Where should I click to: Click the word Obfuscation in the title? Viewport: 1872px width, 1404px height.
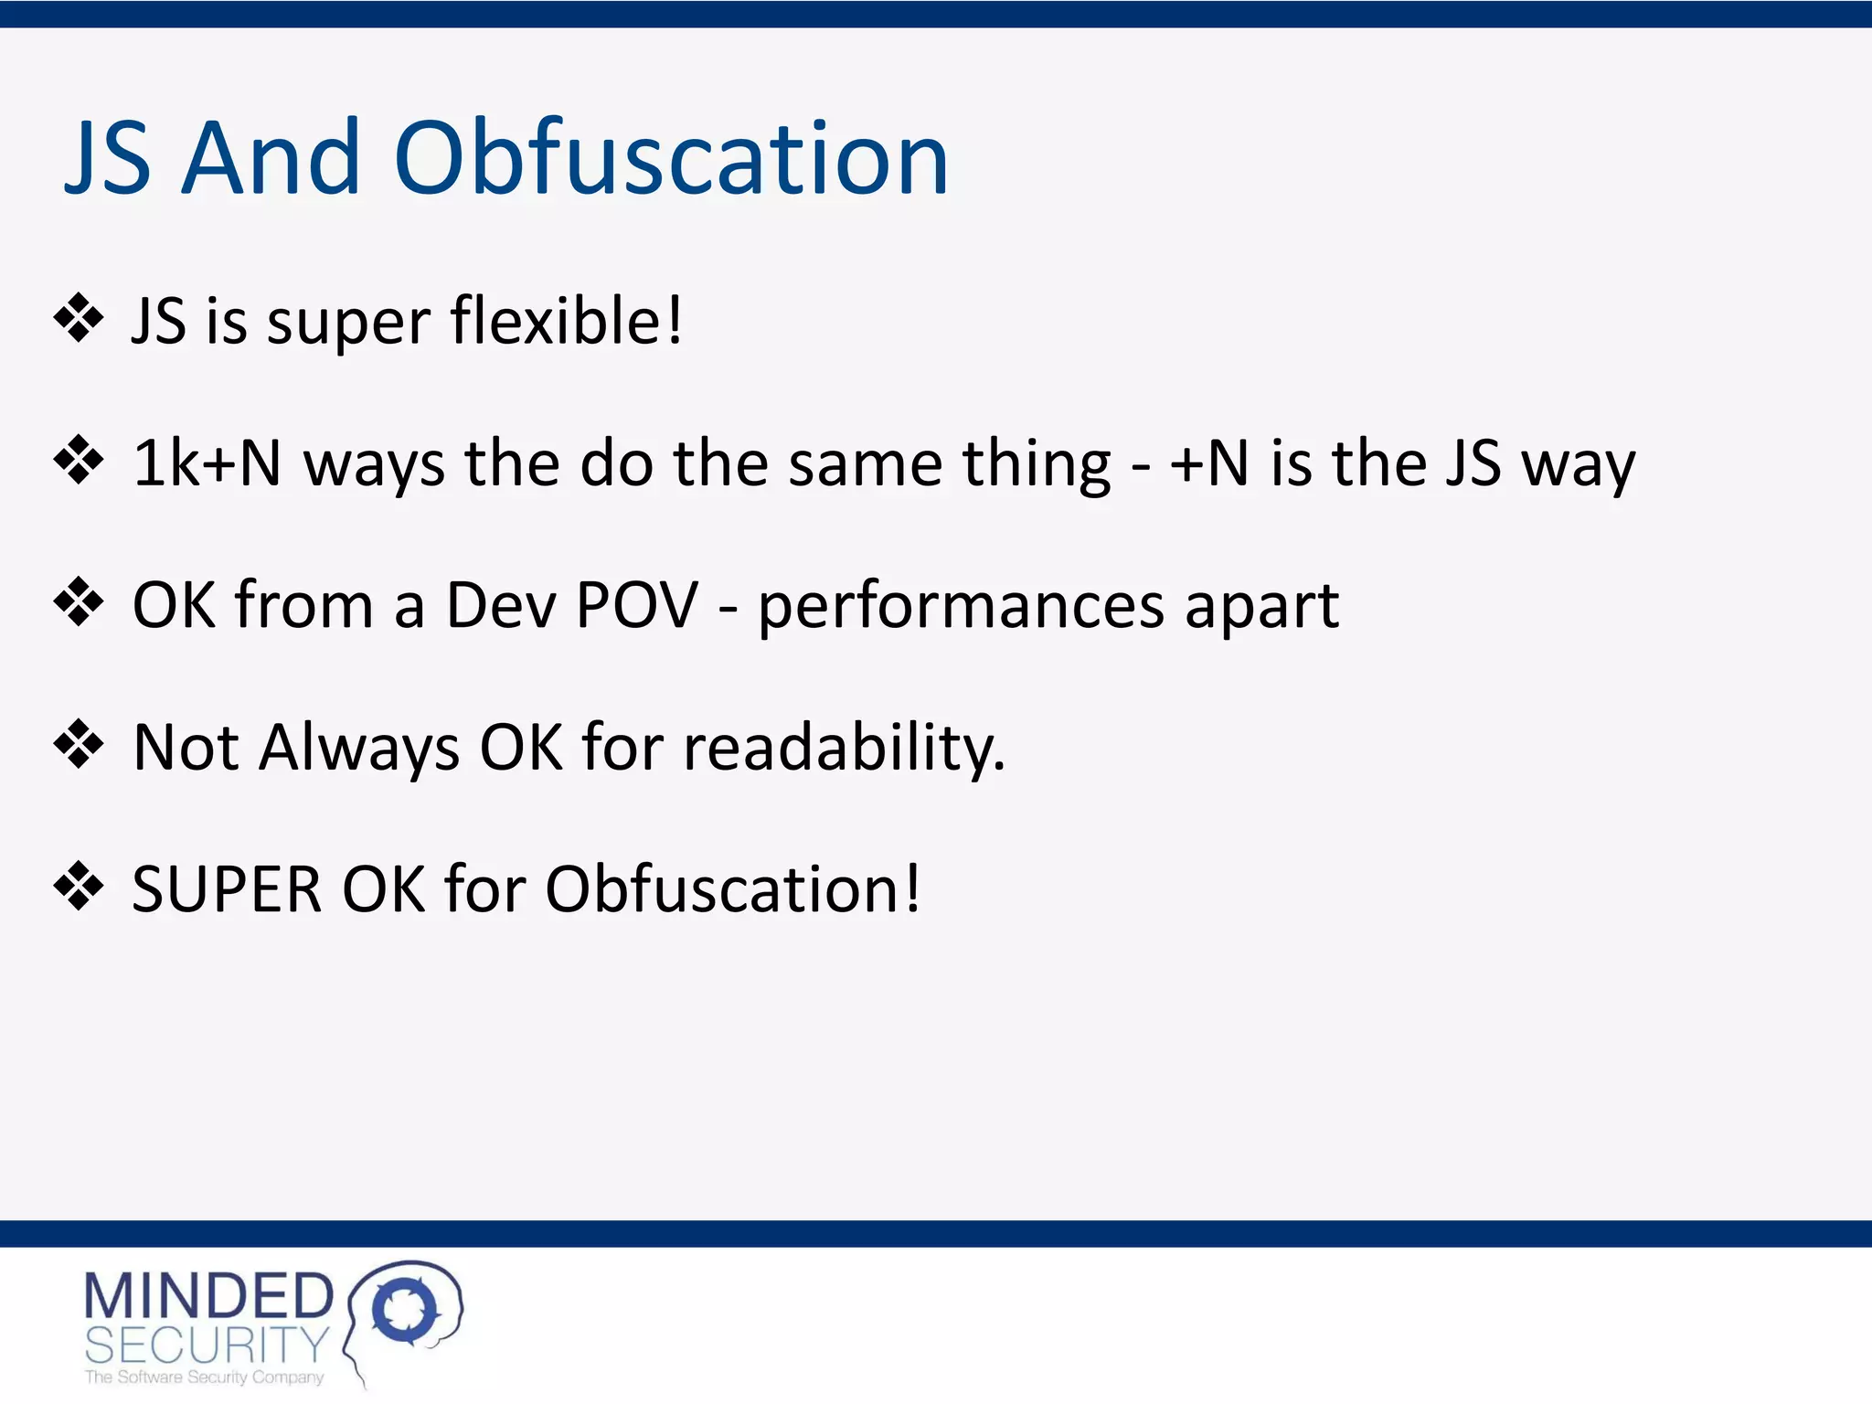672,159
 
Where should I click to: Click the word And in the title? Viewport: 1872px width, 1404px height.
271,159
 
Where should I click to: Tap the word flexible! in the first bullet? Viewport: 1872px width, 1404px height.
567,321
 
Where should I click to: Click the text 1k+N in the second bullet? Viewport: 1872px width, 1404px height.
207,463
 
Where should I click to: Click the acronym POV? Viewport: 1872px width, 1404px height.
637,605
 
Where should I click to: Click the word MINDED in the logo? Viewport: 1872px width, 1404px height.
208,1296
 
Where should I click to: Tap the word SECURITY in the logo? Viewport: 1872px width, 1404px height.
207,1345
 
